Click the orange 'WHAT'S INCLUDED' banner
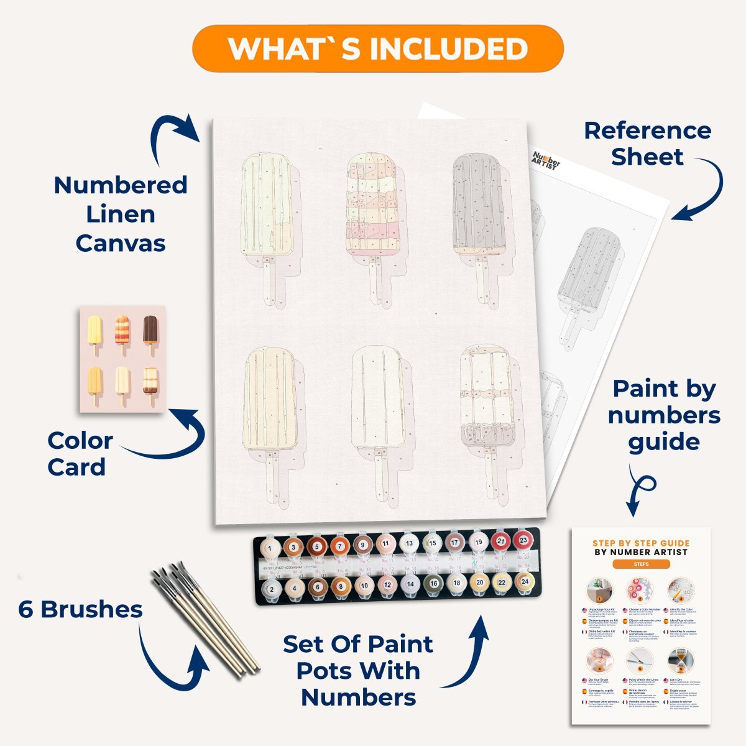[377, 48]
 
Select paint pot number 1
[269, 548]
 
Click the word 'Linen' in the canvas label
[120, 214]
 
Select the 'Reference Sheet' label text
[647, 144]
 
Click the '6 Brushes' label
[80, 609]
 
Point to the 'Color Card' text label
[80, 454]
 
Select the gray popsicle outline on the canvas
[477, 205]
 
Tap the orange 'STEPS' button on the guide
[640, 564]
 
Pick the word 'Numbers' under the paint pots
[359, 698]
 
